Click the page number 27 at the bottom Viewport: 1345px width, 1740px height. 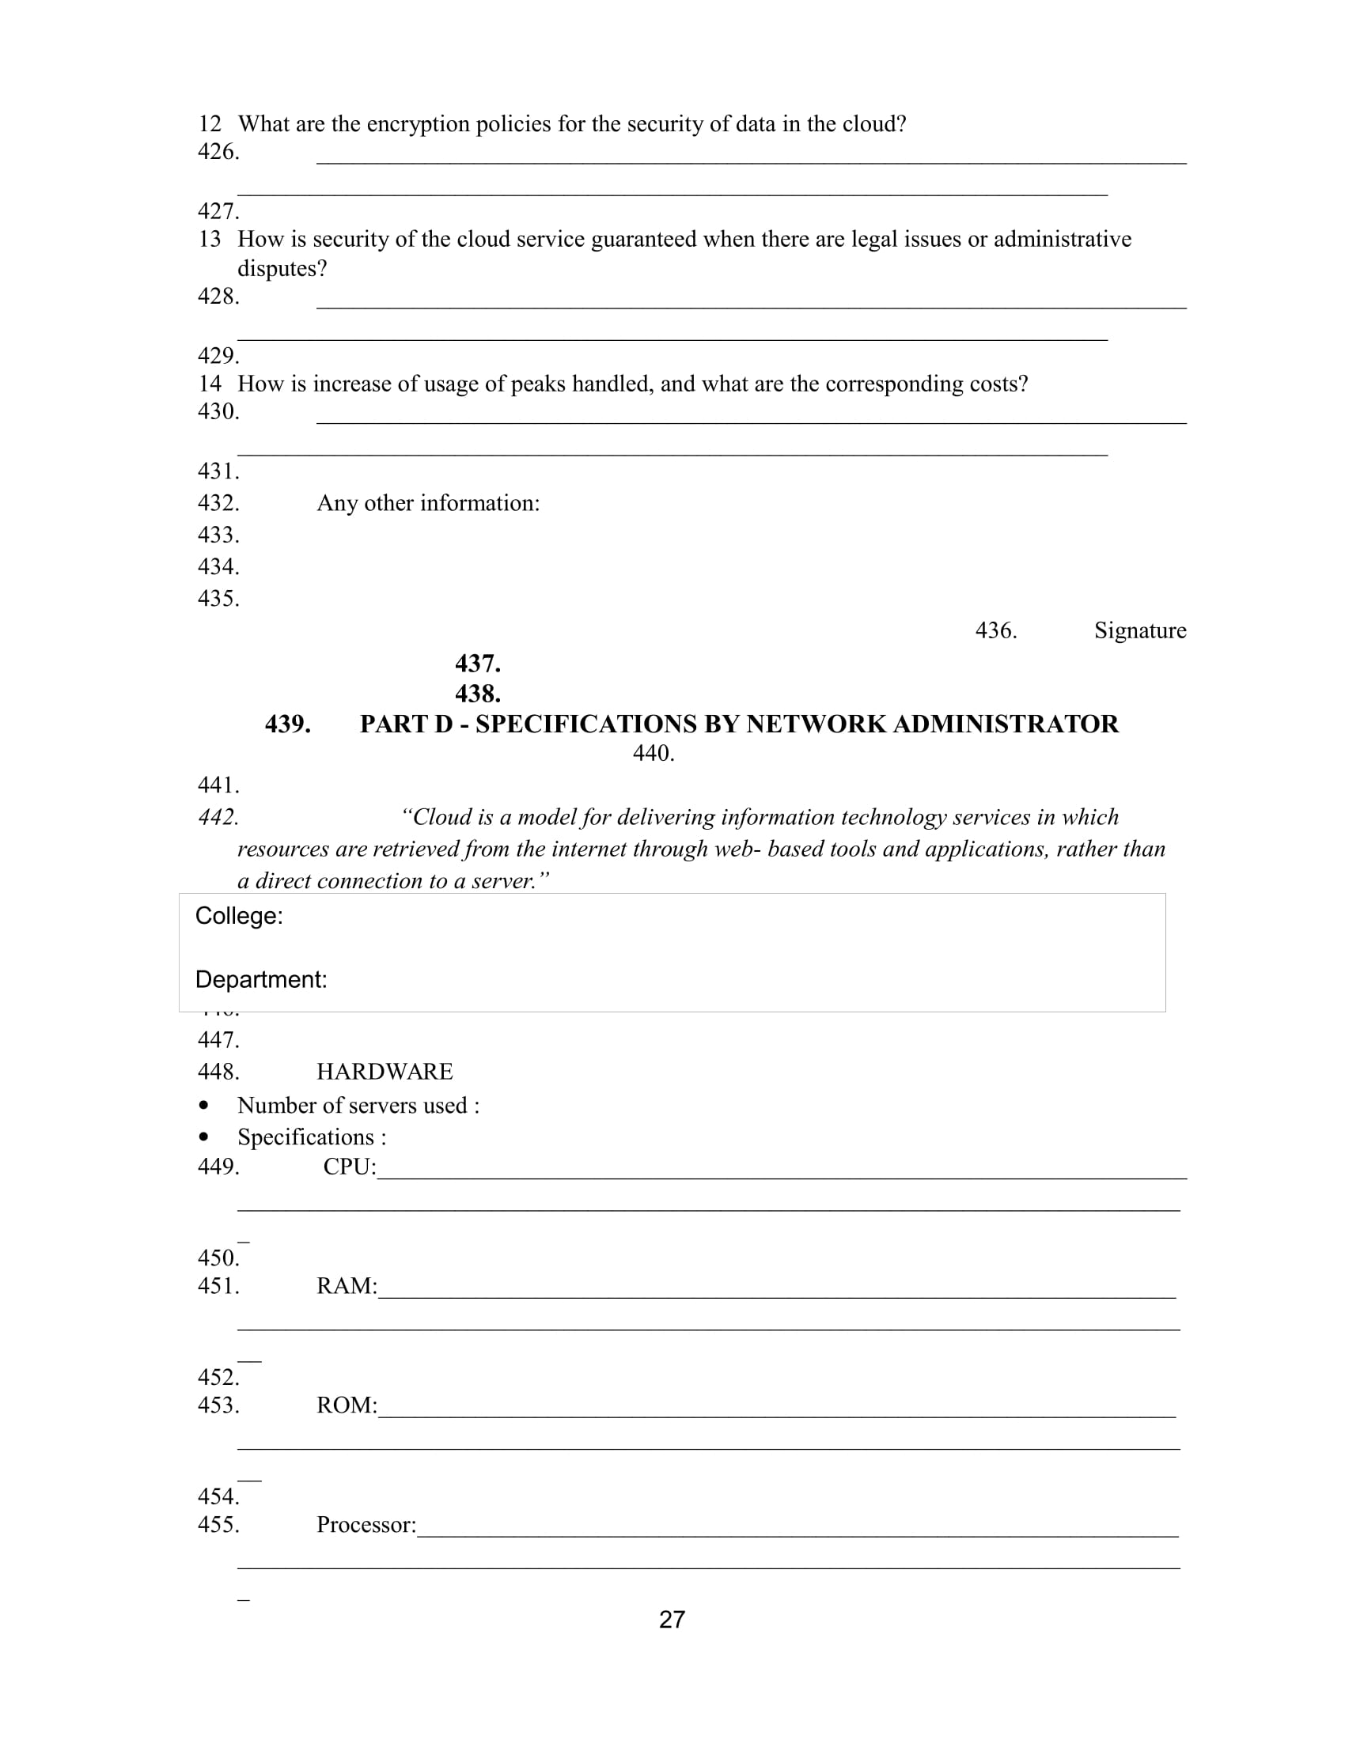672,1619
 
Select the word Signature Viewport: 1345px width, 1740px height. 1139,630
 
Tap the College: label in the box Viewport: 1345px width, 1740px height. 239,916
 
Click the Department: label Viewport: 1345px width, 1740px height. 261,980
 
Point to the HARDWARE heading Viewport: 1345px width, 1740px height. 384,1072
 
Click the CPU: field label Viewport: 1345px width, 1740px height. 349,1167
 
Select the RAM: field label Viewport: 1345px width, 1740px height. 347,1286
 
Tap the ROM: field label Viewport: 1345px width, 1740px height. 347,1405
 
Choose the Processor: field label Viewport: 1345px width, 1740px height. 366,1524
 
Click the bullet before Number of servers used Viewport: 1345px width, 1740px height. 205,1106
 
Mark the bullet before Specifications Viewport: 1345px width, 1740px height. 205,1137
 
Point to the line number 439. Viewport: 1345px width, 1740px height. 288,724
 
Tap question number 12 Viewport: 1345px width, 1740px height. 210,124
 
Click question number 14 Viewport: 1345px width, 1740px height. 210,384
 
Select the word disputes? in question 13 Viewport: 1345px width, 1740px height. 282,268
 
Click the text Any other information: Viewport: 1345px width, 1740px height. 428,504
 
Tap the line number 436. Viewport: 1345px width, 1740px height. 996,630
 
